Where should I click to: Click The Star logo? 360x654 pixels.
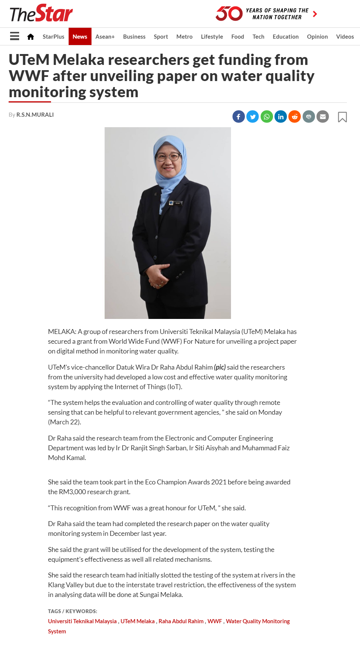pyautogui.click(x=41, y=14)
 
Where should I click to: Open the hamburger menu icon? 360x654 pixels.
pyautogui.click(x=15, y=36)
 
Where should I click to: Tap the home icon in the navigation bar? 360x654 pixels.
pyautogui.click(x=31, y=36)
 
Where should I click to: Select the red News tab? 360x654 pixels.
pyautogui.click(x=80, y=36)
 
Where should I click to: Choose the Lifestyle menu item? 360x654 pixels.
pyautogui.click(x=212, y=36)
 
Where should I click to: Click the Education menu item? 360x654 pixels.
pyautogui.click(x=285, y=36)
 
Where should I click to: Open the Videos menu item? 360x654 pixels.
pyautogui.click(x=345, y=36)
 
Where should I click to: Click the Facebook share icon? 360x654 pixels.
pyautogui.click(x=238, y=117)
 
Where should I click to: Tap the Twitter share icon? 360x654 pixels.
pyautogui.click(x=253, y=117)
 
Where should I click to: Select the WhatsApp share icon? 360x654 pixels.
pyautogui.click(x=267, y=117)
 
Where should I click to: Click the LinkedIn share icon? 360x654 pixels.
pyautogui.click(x=280, y=117)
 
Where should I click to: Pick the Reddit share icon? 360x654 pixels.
pyautogui.click(x=295, y=117)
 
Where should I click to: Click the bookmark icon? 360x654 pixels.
pyautogui.click(x=342, y=117)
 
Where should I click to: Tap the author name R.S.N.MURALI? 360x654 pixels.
pyautogui.click(x=35, y=115)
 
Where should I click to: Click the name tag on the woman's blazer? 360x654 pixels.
pyautogui.click(x=175, y=203)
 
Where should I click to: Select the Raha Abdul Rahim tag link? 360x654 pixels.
pyautogui.click(x=181, y=621)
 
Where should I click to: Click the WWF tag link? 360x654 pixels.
pyautogui.click(x=214, y=621)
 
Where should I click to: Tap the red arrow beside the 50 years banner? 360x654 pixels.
pyautogui.click(x=315, y=14)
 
